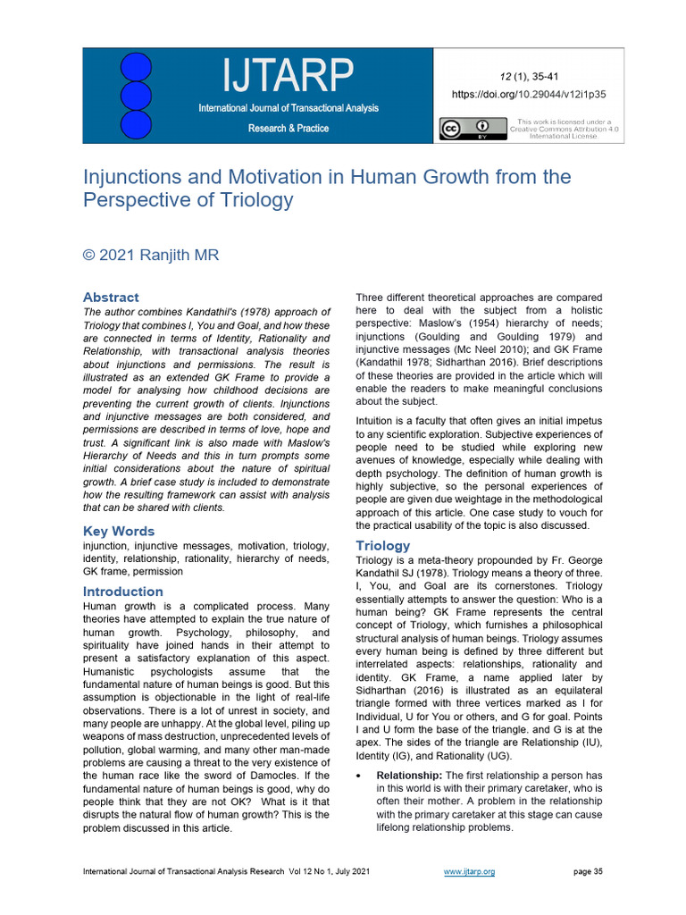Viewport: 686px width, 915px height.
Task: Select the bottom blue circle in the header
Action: click(136, 123)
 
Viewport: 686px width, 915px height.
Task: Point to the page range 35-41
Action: click(542, 76)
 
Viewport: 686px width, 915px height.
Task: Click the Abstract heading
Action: click(111, 297)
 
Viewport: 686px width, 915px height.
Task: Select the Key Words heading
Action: click(119, 532)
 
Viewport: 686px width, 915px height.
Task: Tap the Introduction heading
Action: click(122, 592)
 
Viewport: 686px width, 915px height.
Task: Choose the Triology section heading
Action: click(382, 545)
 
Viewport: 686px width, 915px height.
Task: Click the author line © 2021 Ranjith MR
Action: click(150, 255)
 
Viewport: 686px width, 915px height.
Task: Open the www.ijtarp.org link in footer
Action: click(469, 871)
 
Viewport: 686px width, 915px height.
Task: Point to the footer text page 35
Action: click(586, 871)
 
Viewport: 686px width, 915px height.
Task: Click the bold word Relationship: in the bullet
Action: click(409, 774)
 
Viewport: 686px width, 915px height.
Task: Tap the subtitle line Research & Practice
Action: click(288, 129)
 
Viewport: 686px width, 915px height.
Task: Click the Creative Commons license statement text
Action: click(564, 130)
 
